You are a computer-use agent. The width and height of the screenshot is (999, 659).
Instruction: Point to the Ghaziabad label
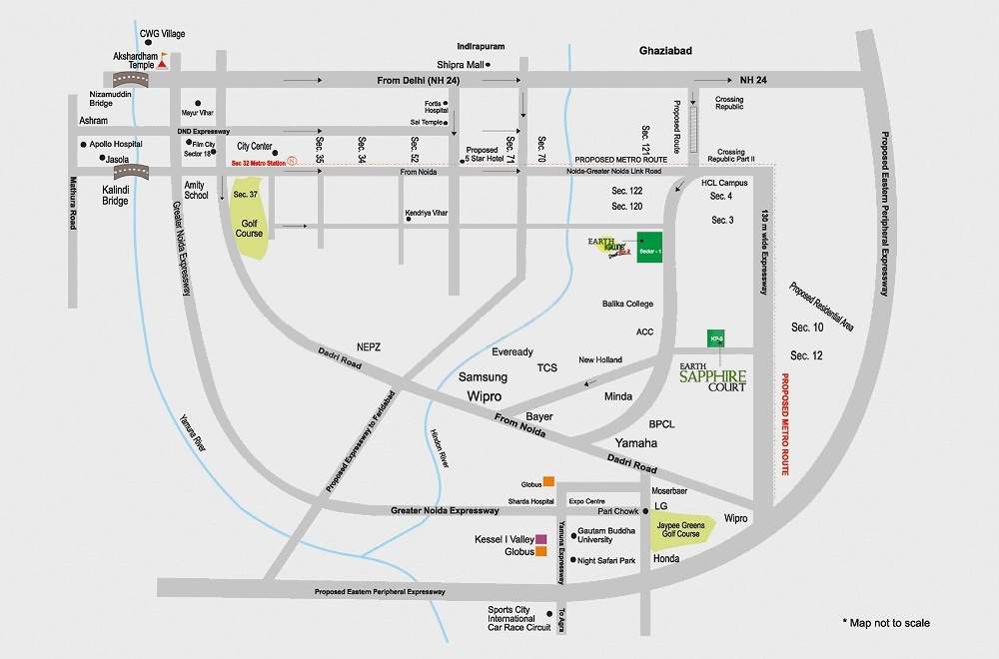tap(665, 50)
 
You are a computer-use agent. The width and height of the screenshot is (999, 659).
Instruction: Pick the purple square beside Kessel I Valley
tap(540, 538)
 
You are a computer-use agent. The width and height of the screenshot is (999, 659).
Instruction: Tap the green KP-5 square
tap(715, 338)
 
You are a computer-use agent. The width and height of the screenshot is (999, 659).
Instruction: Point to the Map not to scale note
tap(885, 623)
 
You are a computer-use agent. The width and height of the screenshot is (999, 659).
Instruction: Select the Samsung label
tap(483, 377)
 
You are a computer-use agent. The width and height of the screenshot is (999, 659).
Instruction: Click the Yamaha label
tap(636, 442)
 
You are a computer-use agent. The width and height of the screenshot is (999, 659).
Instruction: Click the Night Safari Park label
tap(607, 561)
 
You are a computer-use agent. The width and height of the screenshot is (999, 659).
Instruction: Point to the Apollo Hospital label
tap(116, 144)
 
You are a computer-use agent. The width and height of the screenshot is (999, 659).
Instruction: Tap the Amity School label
tap(197, 190)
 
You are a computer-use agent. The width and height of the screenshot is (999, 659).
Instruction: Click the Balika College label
tap(627, 304)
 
